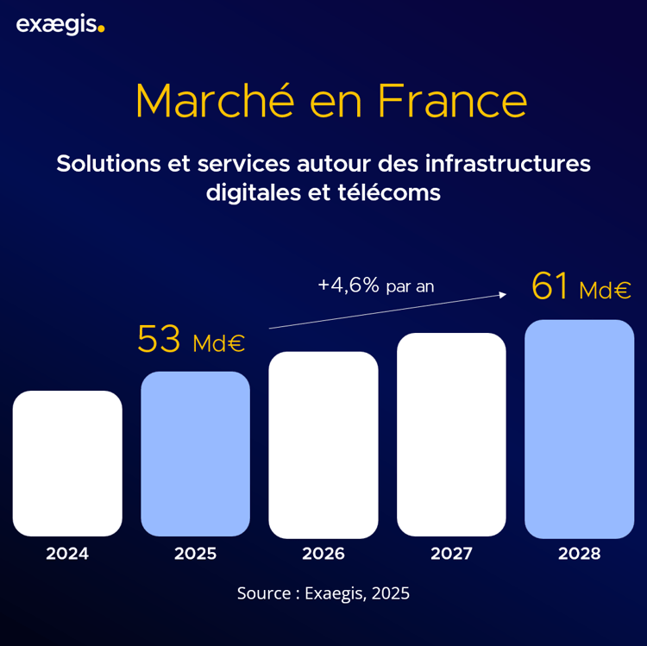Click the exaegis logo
click(x=60, y=25)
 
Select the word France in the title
click(x=452, y=102)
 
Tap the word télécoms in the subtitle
click(x=394, y=192)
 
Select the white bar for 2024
click(x=67, y=463)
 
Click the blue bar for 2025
click(x=195, y=454)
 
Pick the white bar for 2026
click(x=323, y=444)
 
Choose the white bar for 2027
click(x=451, y=434)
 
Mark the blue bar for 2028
click(x=579, y=429)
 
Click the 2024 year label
click(x=67, y=554)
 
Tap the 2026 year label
click(x=323, y=554)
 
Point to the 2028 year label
click(x=579, y=554)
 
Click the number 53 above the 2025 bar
click(x=159, y=340)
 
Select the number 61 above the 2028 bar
click(x=550, y=286)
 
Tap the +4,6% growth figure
click(x=349, y=285)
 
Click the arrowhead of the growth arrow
click(x=502, y=295)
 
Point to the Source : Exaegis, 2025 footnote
click(x=323, y=593)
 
